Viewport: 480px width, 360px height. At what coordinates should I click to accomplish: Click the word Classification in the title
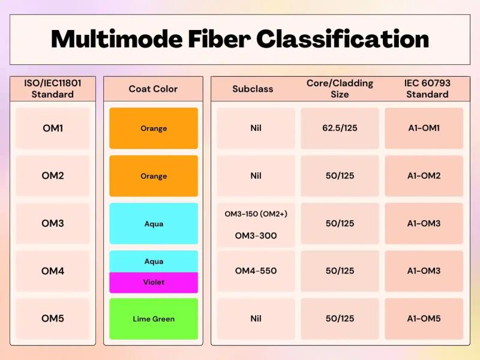[x=343, y=39]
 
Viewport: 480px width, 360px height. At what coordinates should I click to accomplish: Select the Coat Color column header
[x=153, y=89]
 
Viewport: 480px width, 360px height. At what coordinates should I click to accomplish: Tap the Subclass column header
[x=253, y=89]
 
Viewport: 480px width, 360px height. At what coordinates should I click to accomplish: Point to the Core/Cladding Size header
[x=340, y=89]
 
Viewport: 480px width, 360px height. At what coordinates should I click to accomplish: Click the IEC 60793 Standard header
[x=427, y=89]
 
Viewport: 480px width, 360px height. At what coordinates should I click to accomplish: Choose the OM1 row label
[x=53, y=128]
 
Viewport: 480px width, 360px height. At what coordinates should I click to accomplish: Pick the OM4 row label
[x=53, y=271]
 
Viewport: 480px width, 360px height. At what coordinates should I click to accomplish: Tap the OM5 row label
[x=53, y=319]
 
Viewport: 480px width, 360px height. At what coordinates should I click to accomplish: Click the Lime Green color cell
[x=154, y=319]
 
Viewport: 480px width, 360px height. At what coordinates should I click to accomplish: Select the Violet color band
[x=154, y=282]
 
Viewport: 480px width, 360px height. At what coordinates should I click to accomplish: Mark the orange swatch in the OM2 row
[x=154, y=176]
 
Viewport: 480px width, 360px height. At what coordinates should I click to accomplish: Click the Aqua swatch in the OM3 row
[x=154, y=224]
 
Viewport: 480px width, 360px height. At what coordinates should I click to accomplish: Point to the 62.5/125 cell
[x=340, y=128]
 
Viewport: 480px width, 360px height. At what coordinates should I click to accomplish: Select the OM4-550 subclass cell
[x=256, y=271]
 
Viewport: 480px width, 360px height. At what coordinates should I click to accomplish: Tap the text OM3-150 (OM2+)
[x=256, y=214]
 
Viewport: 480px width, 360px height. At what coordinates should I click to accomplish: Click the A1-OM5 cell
[x=424, y=319]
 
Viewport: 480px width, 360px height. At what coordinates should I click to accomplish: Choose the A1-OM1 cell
[x=424, y=128]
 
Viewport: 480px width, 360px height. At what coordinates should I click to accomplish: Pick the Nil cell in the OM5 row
[x=256, y=319]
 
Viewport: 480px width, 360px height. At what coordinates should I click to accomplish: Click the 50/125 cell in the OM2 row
[x=340, y=176]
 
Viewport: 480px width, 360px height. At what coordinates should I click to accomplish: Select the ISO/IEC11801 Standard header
[x=53, y=89]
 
